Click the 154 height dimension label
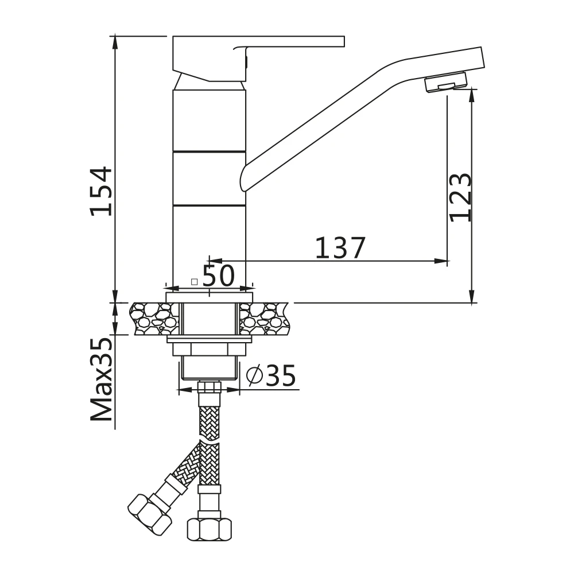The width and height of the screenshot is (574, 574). (x=102, y=191)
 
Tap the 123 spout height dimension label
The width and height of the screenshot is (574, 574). (x=460, y=197)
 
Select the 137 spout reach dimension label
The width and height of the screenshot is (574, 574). (x=340, y=248)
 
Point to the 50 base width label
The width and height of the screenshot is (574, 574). (x=219, y=276)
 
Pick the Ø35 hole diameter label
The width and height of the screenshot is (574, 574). (x=271, y=375)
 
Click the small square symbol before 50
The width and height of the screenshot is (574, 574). (x=195, y=281)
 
